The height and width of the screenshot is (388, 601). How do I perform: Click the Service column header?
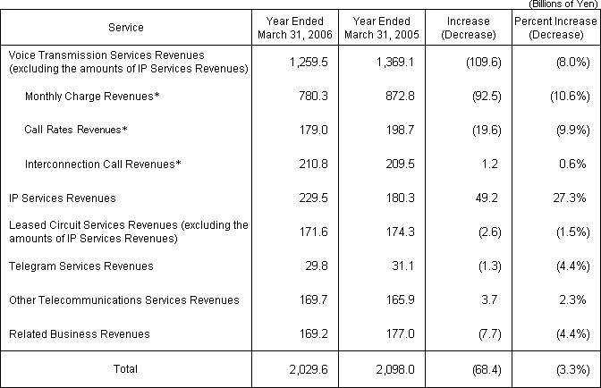click(x=125, y=28)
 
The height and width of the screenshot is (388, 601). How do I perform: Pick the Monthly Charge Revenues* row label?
click(x=79, y=97)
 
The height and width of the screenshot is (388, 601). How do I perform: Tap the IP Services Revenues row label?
click(x=63, y=198)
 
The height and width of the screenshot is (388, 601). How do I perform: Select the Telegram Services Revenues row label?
click(x=81, y=266)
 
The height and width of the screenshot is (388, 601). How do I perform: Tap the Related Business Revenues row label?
click(x=80, y=334)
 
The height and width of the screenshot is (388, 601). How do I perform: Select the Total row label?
click(x=125, y=367)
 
